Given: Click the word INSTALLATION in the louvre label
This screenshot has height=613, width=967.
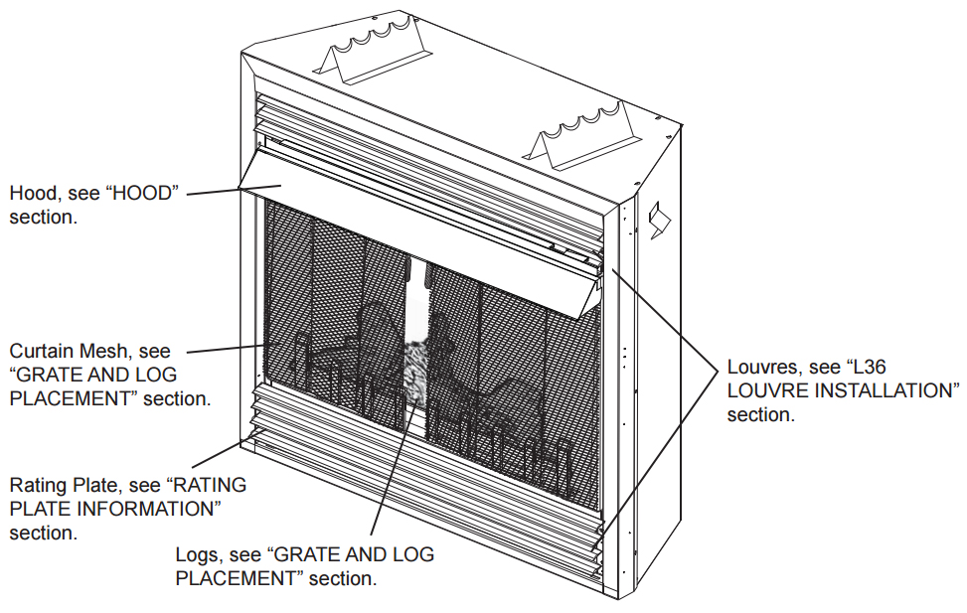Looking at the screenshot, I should (x=876, y=391).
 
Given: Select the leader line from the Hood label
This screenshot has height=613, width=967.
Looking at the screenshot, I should (x=214, y=190).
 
